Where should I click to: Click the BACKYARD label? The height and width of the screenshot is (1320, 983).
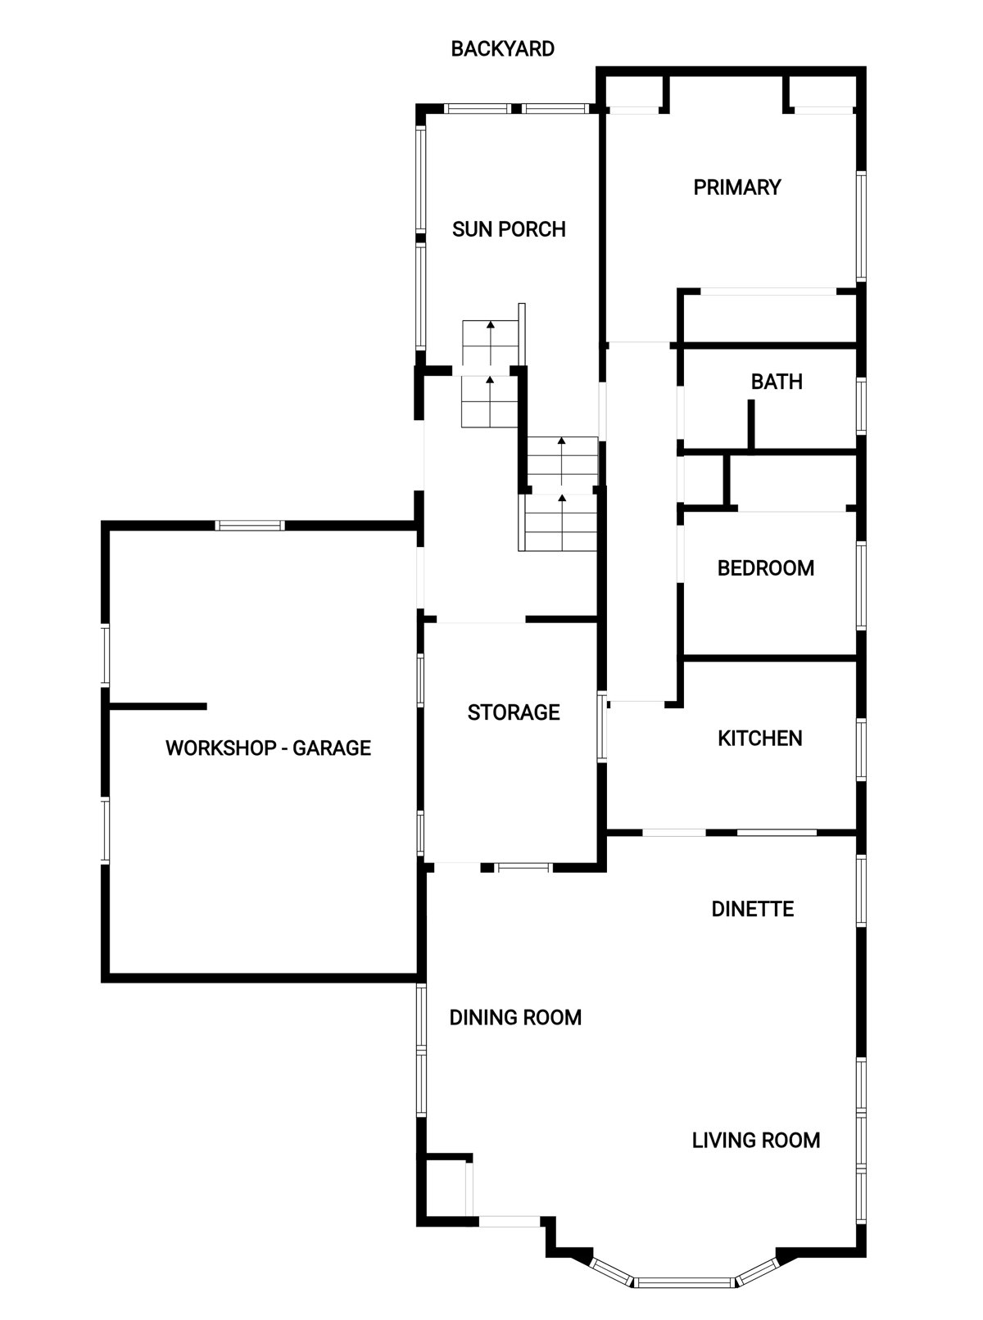tap(502, 49)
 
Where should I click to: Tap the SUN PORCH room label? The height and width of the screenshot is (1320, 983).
tap(509, 229)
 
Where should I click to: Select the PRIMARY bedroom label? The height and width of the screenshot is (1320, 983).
tap(737, 188)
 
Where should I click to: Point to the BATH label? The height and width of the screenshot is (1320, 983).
tap(777, 382)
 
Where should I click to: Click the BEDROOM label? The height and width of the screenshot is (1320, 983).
tap(766, 568)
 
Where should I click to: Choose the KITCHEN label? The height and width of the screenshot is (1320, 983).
tap(759, 739)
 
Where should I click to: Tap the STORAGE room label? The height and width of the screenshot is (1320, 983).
tap(514, 712)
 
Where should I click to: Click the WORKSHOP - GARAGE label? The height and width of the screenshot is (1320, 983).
tap(268, 748)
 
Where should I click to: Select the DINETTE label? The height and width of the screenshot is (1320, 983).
tap(753, 909)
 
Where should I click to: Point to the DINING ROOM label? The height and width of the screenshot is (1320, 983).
tap(515, 1018)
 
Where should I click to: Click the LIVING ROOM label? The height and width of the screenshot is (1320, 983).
tap(755, 1141)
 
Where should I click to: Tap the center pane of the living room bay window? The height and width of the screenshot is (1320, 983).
tap(684, 1283)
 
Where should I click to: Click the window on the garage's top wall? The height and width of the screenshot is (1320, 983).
tap(250, 526)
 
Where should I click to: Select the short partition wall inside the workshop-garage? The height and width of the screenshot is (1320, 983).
tap(158, 707)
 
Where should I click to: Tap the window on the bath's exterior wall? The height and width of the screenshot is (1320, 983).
tap(861, 405)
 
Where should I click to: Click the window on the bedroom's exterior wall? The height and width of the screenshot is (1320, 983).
tap(861, 585)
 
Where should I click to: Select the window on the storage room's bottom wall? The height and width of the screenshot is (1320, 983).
tap(523, 868)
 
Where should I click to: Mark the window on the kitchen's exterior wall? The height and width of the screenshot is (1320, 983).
tap(861, 750)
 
